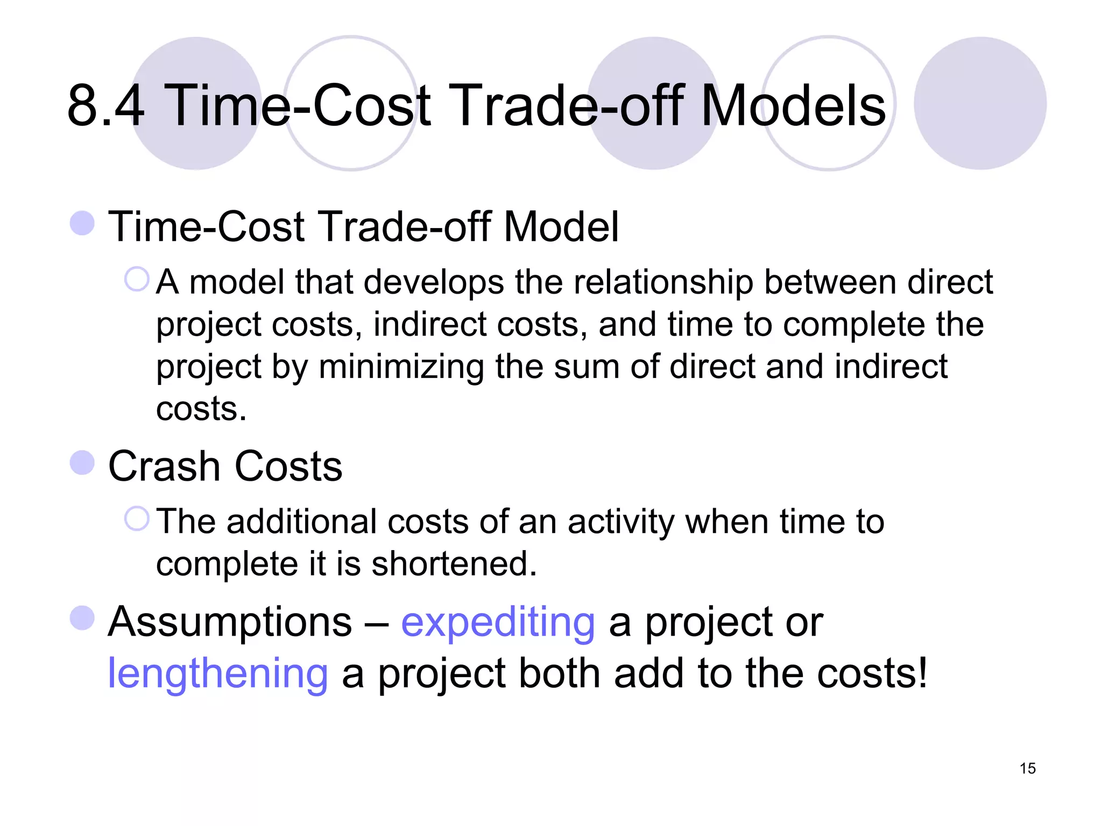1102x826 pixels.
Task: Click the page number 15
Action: pos(1027,768)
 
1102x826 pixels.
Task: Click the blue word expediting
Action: pos(498,623)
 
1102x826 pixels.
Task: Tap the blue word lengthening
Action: pos(217,674)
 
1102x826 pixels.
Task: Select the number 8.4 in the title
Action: pos(105,105)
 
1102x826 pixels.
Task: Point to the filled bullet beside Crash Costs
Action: pos(82,463)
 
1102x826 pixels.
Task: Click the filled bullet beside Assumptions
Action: pos(82,618)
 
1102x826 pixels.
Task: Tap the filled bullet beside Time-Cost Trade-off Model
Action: pos(82,223)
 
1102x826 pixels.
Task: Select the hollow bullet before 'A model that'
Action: pos(137,280)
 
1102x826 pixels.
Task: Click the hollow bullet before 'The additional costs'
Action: pos(137,519)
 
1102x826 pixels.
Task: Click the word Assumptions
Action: pos(230,623)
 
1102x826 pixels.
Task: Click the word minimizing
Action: pos(401,368)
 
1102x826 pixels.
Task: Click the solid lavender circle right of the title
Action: pos(980,103)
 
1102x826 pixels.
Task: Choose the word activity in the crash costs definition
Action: pos(620,523)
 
